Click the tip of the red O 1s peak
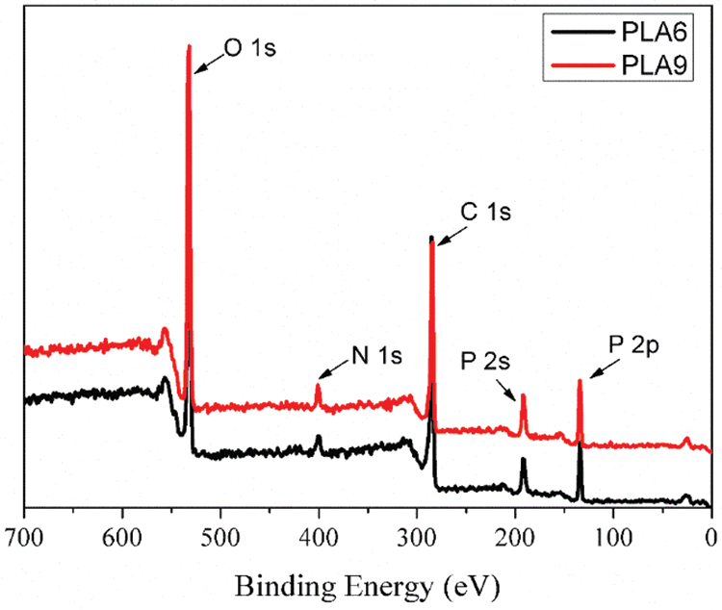(189, 45)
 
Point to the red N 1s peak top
(319, 385)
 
